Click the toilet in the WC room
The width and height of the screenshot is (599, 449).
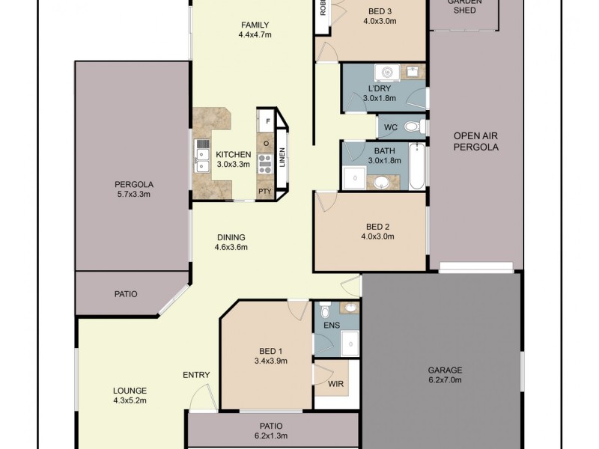tap(413, 127)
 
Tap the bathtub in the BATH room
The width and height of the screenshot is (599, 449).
tap(417, 166)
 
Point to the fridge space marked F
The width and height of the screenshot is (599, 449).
tap(267, 120)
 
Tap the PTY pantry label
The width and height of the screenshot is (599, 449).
tap(264, 192)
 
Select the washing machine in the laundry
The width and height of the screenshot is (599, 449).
tap(387, 73)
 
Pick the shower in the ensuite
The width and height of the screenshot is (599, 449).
tap(350, 342)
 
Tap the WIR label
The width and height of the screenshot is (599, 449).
tap(336, 384)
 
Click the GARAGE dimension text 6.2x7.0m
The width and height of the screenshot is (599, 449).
tap(445, 380)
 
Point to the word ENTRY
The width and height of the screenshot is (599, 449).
tap(196, 375)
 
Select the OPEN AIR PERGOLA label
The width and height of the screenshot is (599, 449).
tap(475, 141)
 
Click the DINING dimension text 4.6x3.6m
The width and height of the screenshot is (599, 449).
tap(231, 248)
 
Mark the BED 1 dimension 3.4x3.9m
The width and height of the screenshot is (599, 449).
tap(270, 361)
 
